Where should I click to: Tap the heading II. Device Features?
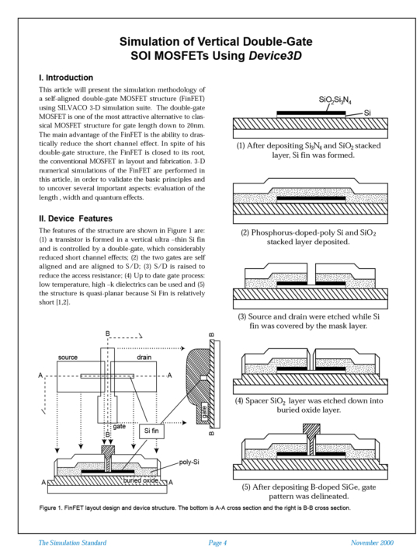pos(78,219)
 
